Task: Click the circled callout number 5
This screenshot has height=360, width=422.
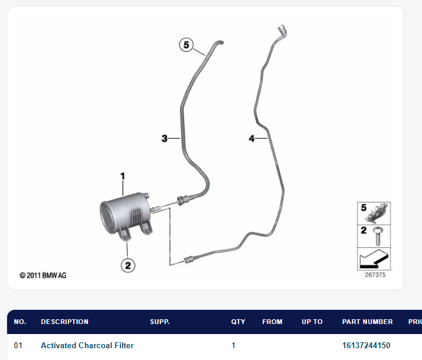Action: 187,45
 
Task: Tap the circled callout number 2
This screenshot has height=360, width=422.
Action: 128,266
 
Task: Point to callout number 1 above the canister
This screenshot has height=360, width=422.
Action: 123,176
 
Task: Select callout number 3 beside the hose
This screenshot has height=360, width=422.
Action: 165,138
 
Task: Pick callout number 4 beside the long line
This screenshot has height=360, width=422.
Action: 251,138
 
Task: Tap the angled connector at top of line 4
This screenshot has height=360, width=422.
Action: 282,31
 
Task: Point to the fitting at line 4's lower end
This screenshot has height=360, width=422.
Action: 189,260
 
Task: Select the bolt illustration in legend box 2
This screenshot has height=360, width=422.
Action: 378,236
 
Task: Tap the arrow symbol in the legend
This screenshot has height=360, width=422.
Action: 374,258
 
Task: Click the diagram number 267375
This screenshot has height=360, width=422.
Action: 375,274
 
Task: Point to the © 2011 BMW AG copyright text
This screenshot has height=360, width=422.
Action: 43,275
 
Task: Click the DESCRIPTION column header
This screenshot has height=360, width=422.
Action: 64,322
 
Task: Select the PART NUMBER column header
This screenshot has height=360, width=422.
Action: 367,322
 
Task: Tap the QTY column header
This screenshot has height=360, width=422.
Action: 238,322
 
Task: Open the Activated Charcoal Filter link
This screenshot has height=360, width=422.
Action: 87,345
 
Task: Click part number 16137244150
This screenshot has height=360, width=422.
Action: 366,345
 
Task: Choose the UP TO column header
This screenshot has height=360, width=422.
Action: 312,322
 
